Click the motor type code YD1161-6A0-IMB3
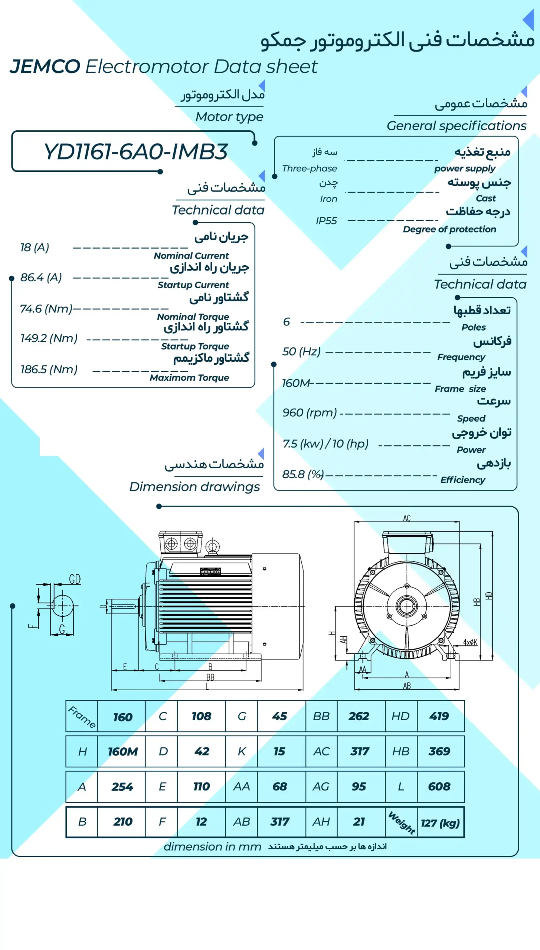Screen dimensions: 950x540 point(135,151)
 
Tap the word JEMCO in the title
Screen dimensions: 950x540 point(45,67)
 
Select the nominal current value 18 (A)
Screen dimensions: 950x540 point(35,247)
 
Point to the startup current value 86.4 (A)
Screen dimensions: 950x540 point(41,277)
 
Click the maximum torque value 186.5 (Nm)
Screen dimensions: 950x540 point(49,369)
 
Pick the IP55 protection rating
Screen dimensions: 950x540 point(326,221)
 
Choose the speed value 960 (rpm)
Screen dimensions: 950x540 point(310,412)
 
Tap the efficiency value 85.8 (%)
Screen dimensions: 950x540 point(303,474)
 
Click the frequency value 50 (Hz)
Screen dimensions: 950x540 point(301,351)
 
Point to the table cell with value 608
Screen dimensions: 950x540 point(439,786)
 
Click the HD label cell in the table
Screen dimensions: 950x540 point(400,716)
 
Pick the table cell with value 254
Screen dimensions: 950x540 point(122,786)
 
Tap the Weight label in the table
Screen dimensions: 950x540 point(402,822)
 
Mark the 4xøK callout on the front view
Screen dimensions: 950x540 point(470,642)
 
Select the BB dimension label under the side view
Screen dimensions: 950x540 point(210,677)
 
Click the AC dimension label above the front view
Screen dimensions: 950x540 point(407,518)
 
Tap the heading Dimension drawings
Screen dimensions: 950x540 point(194,487)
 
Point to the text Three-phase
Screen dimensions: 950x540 point(310,168)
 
